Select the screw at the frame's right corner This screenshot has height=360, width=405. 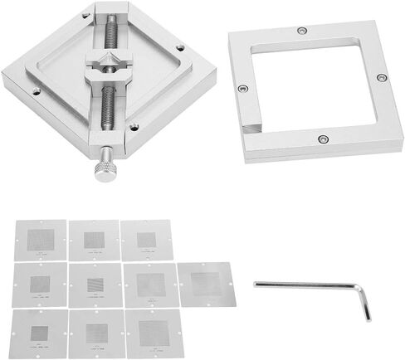[x=382, y=77]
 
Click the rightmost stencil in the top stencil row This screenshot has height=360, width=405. [x=144, y=241]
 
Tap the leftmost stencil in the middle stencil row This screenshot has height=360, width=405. [x=39, y=286]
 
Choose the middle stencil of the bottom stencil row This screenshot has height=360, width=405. [x=94, y=333]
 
